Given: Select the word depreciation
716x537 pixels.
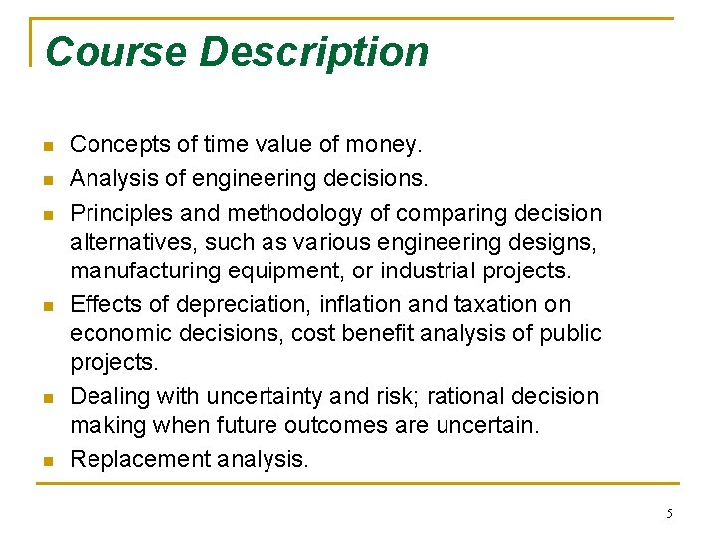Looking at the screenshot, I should tap(236, 304).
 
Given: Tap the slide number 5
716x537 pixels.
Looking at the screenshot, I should tap(669, 513).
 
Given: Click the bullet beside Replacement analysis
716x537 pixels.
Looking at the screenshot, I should tap(46, 460).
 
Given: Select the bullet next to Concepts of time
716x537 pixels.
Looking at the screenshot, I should tap(46, 147).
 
